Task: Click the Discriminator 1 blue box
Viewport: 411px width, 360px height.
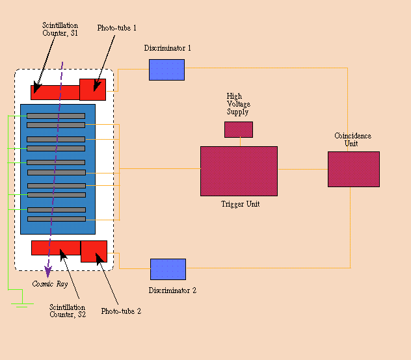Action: point(166,70)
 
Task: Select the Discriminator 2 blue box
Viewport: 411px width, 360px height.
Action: point(168,269)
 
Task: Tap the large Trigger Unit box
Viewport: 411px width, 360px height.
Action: point(239,171)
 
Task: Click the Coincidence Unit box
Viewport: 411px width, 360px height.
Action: point(354,169)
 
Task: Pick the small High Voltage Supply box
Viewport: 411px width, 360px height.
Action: point(239,129)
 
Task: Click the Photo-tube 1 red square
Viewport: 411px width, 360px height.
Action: point(93,90)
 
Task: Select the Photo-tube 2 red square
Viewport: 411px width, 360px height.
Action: point(94,251)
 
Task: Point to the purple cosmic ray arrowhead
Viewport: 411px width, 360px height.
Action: point(48,272)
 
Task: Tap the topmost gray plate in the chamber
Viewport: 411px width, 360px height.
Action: point(56,116)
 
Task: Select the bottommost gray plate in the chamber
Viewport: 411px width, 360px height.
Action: point(57,219)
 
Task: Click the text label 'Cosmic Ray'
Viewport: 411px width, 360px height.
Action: point(50,284)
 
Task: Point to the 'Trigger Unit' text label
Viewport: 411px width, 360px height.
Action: point(241,204)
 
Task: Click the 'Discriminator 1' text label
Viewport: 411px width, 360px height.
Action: point(168,48)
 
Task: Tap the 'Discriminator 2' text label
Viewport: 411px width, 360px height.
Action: point(172,290)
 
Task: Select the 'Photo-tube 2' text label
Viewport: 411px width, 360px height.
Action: point(121,311)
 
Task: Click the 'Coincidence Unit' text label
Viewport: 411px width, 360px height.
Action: point(353,140)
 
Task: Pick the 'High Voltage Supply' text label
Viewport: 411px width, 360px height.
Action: point(238,104)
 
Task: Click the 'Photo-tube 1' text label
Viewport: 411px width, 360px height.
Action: point(116,28)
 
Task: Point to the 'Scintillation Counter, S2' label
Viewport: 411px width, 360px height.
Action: point(68,311)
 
